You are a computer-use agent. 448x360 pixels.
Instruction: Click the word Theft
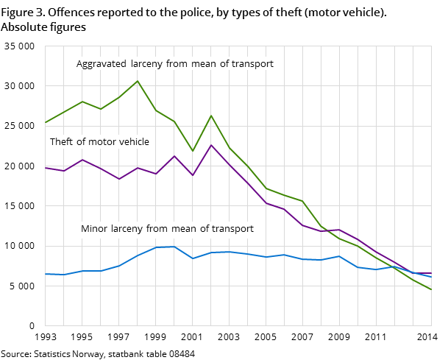(x=61, y=142)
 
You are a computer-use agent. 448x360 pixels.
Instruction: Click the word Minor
(x=93, y=229)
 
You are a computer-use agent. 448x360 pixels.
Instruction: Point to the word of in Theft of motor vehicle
(x=79, y=142)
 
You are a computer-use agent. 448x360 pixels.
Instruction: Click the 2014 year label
(x=427, y=336)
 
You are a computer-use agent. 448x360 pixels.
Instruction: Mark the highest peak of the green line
(x=138, y=81)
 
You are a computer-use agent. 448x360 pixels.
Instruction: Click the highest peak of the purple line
(x=211, y=145)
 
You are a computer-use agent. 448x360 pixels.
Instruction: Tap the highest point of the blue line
(x=174, y=247)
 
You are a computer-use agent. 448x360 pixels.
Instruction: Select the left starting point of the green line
(x=46, y=122)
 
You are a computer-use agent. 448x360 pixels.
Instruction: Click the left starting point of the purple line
(x=46, y=168)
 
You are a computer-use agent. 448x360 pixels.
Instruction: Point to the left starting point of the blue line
(x=46, y=274)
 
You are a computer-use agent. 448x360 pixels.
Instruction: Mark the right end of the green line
(x=431, y=289)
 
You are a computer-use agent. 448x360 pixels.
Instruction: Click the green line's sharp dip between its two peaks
(x=193, y=151)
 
